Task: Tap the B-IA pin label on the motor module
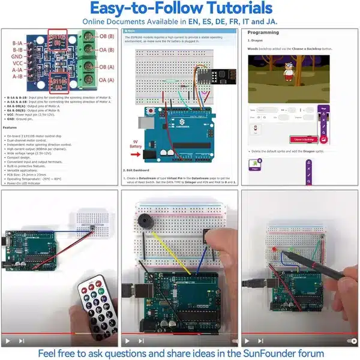19,44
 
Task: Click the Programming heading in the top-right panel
263,33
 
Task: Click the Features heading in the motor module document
11,127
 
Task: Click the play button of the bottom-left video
8,340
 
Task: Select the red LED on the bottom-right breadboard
274,248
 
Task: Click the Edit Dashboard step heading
142,169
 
